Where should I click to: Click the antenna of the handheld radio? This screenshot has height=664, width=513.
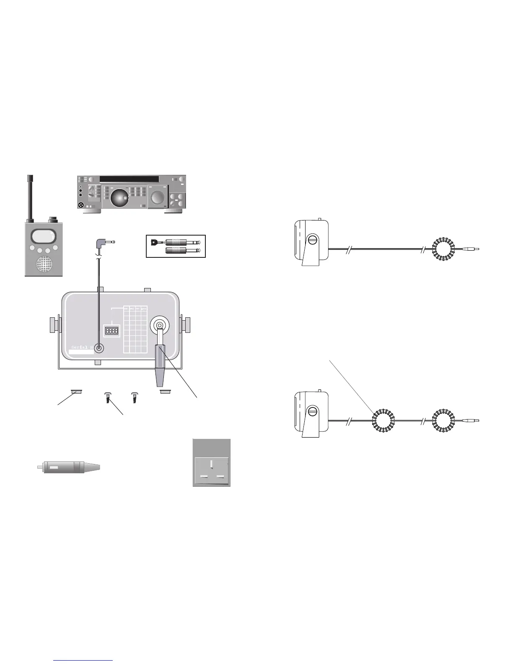(x=30, y=197)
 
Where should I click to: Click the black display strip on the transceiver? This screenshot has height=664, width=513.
(x=129, y=179)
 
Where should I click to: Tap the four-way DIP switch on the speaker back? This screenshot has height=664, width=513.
(x=112, y=331)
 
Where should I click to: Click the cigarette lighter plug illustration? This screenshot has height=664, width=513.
(x=69, y=467)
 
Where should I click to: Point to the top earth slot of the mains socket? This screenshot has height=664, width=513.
(x=212, y=464)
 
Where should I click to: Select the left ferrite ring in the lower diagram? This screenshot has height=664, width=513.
(x=383, y=420)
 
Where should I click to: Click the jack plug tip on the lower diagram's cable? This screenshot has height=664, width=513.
(x=476, y=420)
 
